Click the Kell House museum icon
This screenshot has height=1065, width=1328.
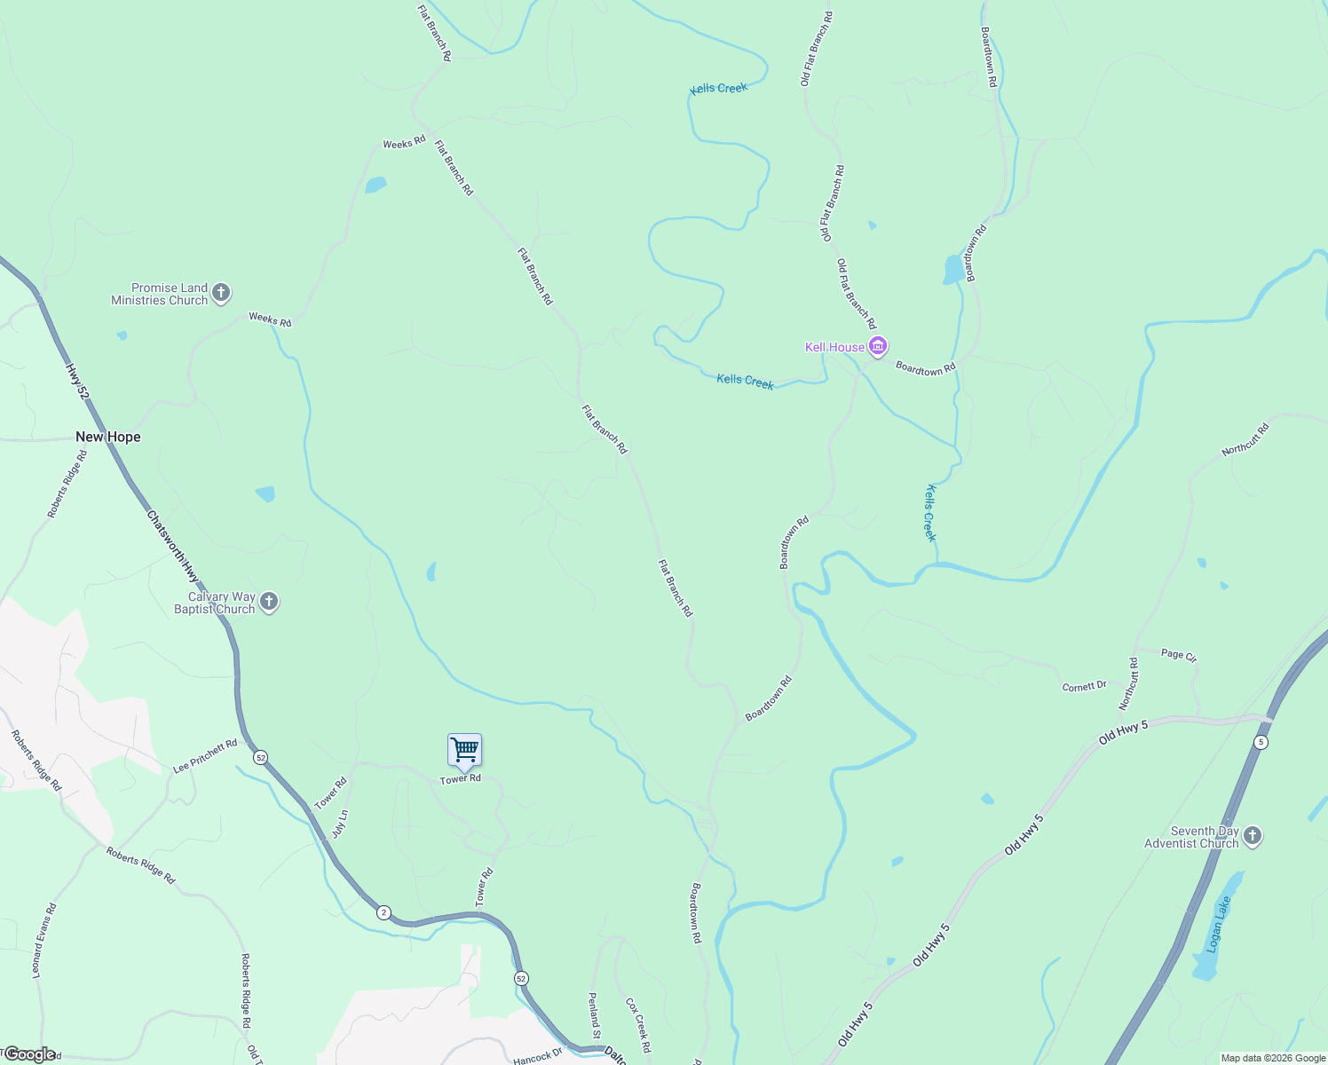(878, 346)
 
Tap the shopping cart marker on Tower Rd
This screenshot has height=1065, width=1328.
(464, 751)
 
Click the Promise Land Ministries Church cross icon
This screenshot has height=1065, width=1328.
(221, 292)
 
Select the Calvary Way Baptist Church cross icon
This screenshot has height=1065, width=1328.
(269, 602)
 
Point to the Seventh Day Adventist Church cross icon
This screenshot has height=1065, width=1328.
(1252, 836)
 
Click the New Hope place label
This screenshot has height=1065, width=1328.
(108, 437)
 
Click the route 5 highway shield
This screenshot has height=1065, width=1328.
(1261, 742)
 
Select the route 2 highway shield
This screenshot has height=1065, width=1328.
(383, 912)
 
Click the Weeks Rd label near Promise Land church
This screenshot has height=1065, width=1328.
(270, 319)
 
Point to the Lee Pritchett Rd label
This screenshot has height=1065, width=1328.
(205, 755)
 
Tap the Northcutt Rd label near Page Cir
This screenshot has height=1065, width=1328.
(1128, 683)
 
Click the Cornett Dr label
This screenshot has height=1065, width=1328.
(1085, 686)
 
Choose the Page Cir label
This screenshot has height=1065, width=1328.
(1179, 655)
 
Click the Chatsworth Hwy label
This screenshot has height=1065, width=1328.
(173, 546)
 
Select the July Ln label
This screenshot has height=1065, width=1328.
(339, 824)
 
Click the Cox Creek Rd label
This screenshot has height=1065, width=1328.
(638, 1025)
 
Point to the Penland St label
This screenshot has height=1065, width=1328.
(595, 1015)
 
